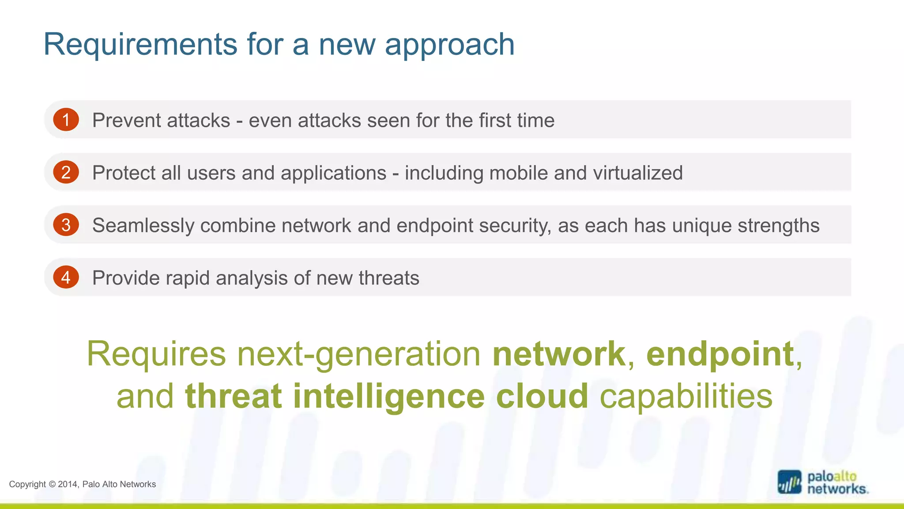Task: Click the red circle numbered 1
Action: click(66, 120)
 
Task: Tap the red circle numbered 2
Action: click(66, 172)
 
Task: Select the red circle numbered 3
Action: click(66, 225)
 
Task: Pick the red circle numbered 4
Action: click(66, 277)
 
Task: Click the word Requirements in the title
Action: click(140, 45)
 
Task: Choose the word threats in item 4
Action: click(389, 278)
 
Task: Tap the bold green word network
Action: click(559, 354)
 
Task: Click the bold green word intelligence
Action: click(389, 396)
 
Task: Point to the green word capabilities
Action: click(686, 396)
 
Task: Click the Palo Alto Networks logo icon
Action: click(789, 482)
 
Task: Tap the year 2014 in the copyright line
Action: click(68, 484)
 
